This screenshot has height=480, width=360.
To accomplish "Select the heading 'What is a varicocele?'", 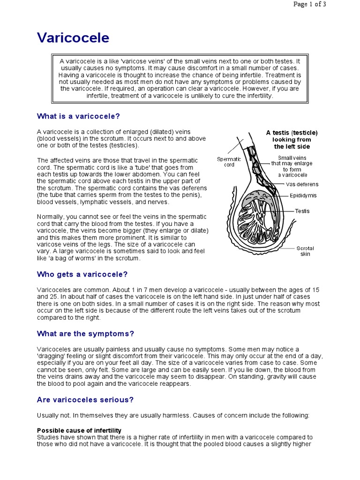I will (x=82, y=116).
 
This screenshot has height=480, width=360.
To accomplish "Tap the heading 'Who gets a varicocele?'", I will (x=82, y=274).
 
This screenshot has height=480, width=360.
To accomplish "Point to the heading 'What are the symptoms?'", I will (x=85, y=334).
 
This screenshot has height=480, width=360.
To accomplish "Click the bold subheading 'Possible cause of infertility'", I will (x=79, y=430).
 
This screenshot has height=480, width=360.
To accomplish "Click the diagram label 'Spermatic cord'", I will (x=229, y=162).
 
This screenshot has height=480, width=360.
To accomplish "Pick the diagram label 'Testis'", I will (x=302, y=211).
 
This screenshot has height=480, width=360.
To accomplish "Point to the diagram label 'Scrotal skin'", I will (x=305, y=251).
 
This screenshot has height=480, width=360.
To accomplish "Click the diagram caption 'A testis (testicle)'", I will (x=292, y=133).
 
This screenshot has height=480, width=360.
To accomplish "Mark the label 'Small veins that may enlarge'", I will (x=292, y=161).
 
